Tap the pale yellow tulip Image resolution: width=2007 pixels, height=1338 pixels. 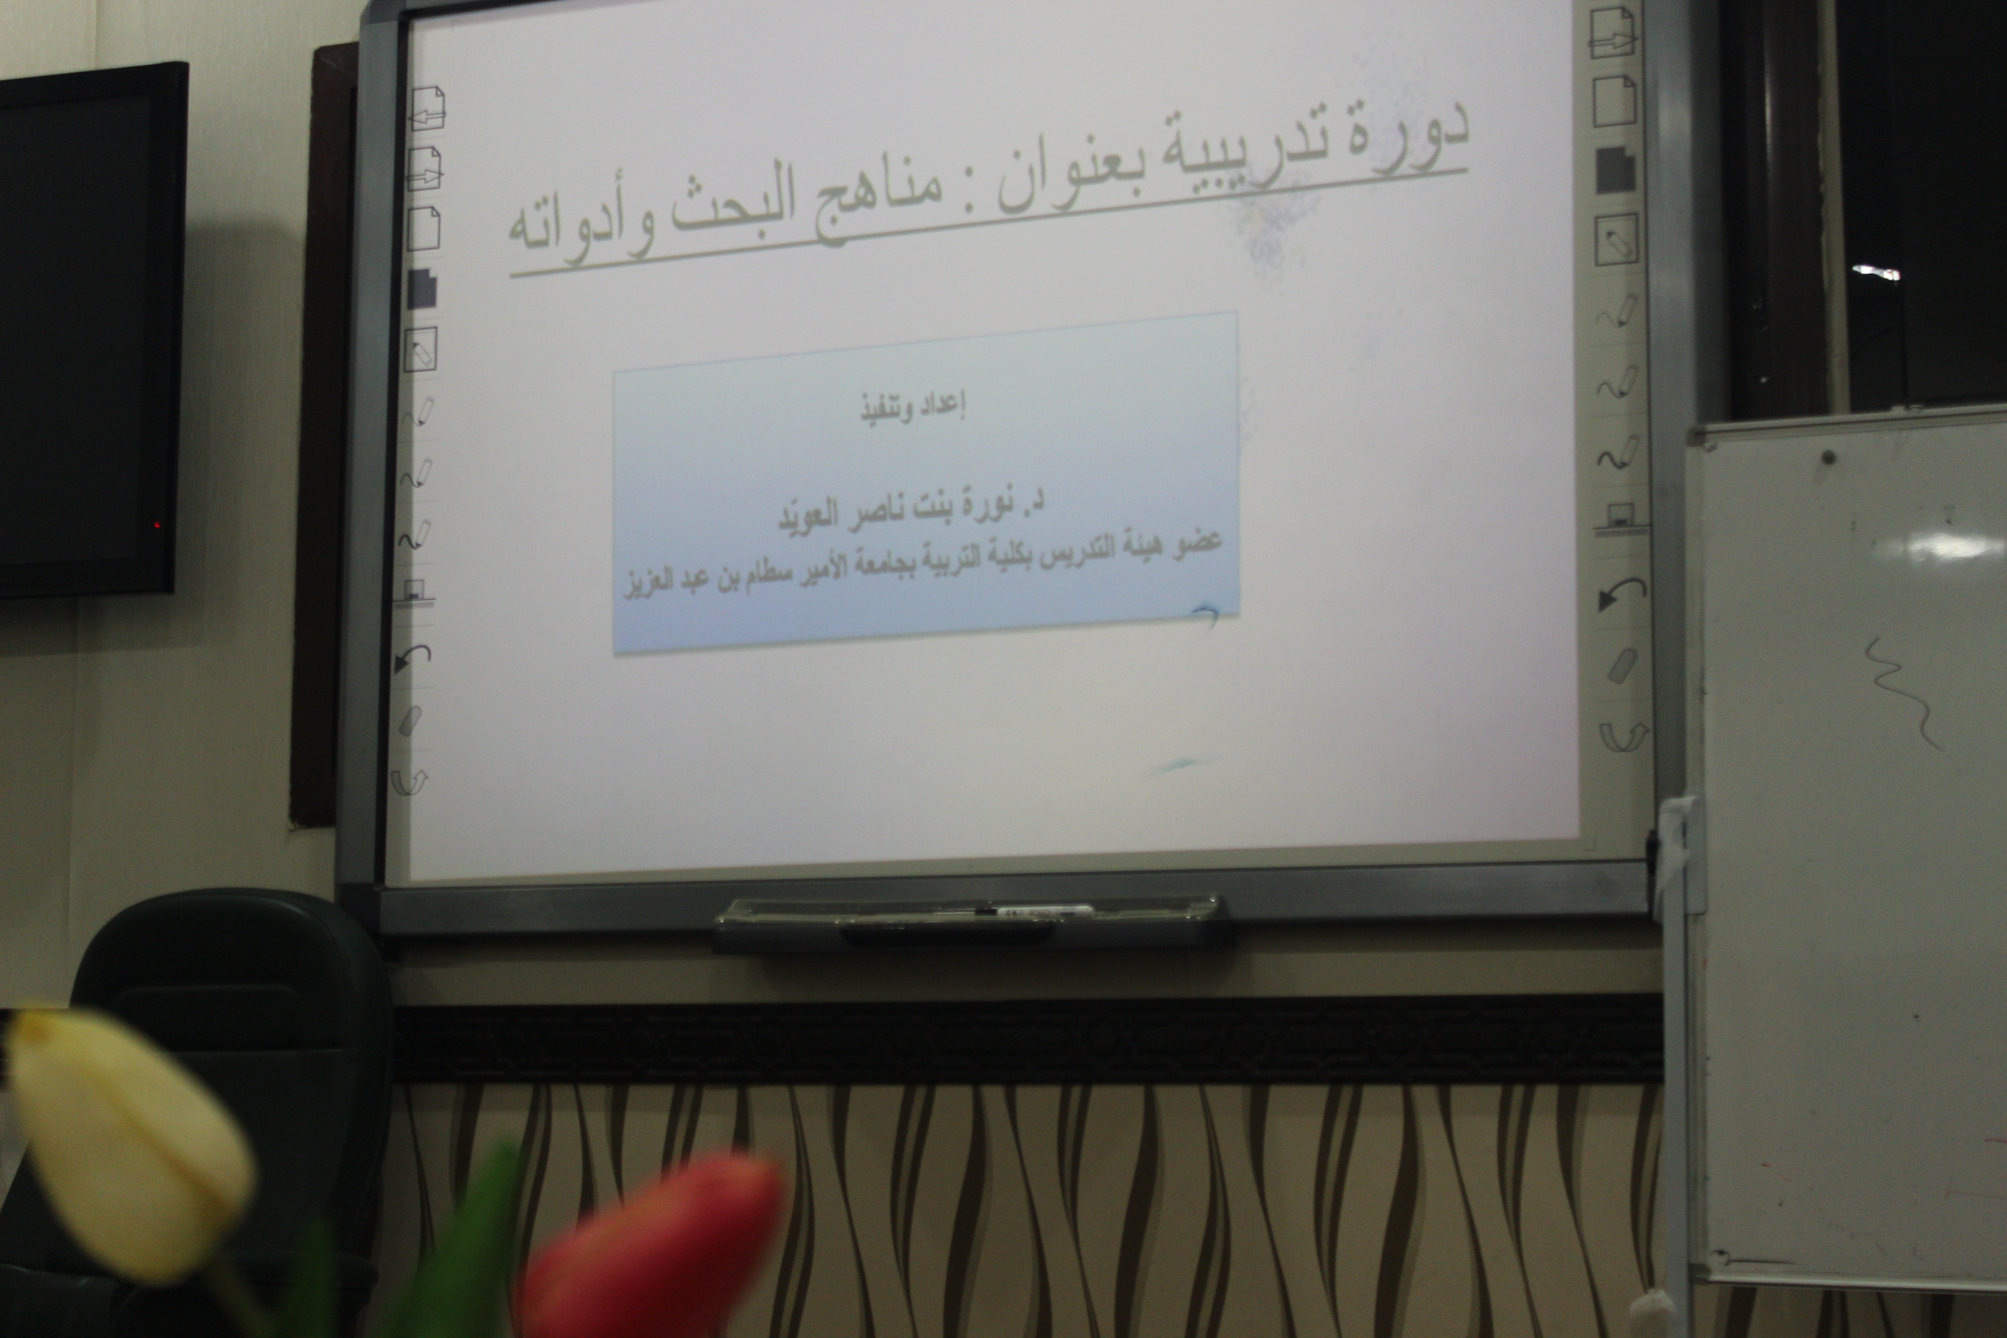[128, 1143]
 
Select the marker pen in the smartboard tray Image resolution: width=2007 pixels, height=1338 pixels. [1016, 911]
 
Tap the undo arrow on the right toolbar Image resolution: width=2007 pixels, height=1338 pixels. [1619, 593]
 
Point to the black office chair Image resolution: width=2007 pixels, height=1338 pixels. [230, 1067]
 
